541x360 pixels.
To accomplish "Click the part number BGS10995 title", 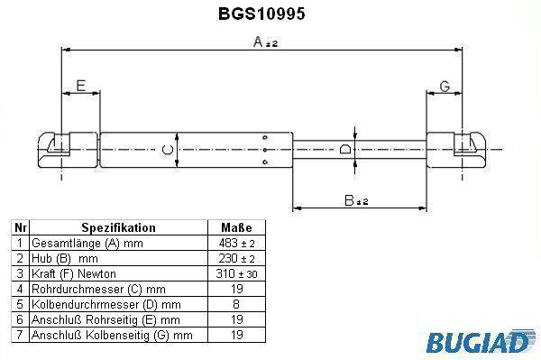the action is pos(261,14).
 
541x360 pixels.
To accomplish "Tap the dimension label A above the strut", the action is pos(265,42).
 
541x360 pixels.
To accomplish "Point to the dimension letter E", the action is pos(81,86).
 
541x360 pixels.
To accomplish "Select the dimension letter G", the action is pos(445,87).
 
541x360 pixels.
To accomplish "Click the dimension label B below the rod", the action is pos(356,200).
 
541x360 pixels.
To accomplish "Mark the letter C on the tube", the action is pos(168,150).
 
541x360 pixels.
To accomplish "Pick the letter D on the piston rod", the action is pos(345,149).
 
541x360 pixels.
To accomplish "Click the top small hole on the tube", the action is pos(265,138).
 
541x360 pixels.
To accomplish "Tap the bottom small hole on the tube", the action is pos(265,162).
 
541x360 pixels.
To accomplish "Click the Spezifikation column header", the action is pos(118,227).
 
